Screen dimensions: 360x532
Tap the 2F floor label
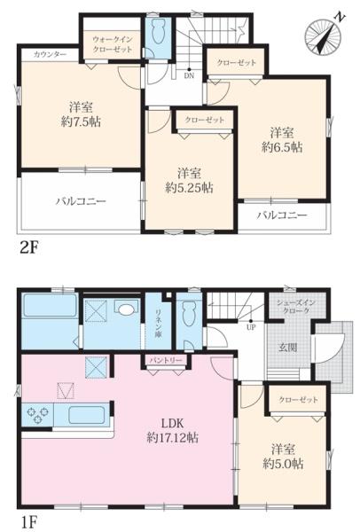pyautogui.click(x=28, y=248)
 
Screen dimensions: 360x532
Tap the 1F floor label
pyautogui.click(x=27, y=522)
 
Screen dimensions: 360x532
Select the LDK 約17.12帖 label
pyautogui.click(x=172, y=430)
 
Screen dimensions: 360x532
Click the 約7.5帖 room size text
pyautogui.click(x=81, y=121)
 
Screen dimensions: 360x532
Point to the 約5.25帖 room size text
pyautogui.click(x=189, y=187)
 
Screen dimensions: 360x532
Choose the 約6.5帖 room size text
pyautogui.click(x=282, y=146)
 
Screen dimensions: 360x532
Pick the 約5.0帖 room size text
pyautogui.click(x=283, y=464)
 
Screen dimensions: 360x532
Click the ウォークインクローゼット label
pyautogui.click(x=113, y=44)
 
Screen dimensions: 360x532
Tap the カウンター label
pyautogui.click(x=50, y=54)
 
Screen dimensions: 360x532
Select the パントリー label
pyautogui.click(x=166, y=360)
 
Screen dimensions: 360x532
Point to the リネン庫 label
pyautogui.click(x=158, y=324)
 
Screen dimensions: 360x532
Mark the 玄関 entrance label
pyautogui.click(x=287, y=347)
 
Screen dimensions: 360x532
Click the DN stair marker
pyautogui.click(x=189, y=75)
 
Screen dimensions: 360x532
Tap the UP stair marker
pyautogui.click(x=251, y=327)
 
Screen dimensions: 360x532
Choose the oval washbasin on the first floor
pyautogui.click(x=126, y=309)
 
